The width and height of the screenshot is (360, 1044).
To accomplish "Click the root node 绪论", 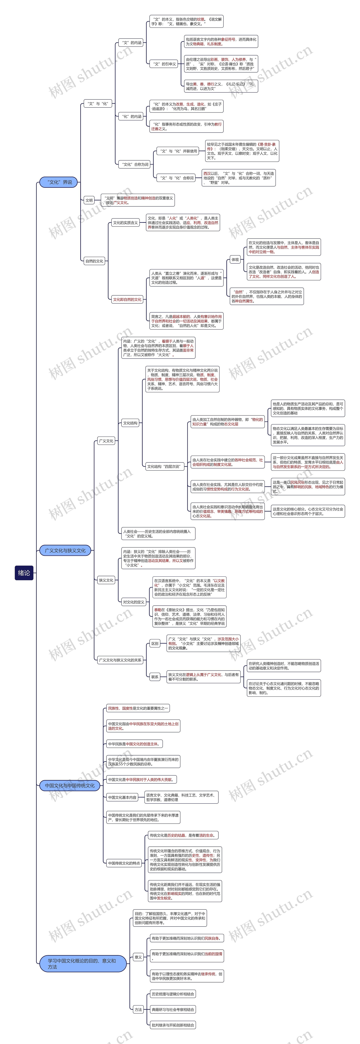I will [24, 573].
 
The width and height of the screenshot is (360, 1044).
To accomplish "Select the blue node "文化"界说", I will [59, 182].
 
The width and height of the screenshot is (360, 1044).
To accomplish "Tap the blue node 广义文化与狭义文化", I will [65, 550].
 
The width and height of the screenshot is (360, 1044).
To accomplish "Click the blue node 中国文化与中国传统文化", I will [69, 785].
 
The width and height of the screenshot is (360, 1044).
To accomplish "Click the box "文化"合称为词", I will [135, 165].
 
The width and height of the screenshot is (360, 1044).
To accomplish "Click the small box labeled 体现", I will [235, 259].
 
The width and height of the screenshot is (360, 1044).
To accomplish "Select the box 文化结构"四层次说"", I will [165, 467].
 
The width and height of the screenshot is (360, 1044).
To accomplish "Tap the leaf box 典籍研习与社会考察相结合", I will [173, 1010].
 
